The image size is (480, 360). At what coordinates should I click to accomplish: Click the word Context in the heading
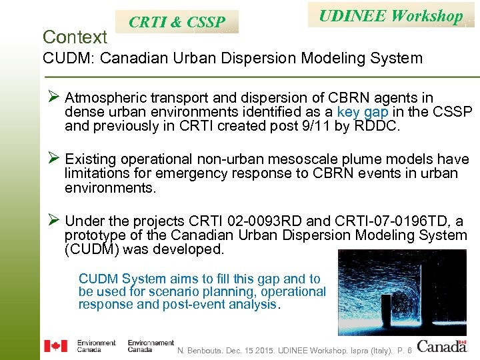(x=75, y=36)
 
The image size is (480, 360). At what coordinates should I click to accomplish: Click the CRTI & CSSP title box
(x=177, y=22)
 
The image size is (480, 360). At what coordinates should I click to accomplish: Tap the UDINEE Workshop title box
(x=391, y=16)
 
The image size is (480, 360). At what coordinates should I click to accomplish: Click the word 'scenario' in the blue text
(x=195, y=292)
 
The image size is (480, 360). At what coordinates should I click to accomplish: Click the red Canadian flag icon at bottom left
(x=55, y=345)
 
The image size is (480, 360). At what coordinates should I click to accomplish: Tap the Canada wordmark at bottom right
(x=442, y=345)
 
